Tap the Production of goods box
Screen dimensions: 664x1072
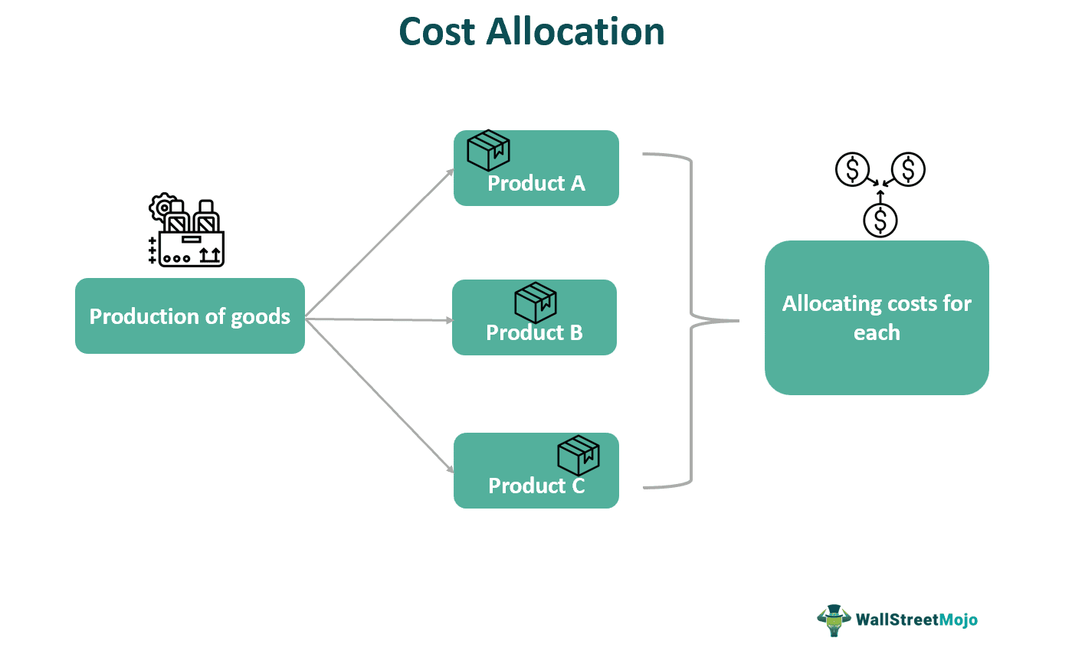click(190, 316)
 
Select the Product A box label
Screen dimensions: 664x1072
click(536, 184)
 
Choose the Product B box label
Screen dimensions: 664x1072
click(534, 333)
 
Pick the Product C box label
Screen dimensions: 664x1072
click(536, 486)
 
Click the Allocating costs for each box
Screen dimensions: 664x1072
click(877, 318)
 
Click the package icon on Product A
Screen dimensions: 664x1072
click(489, 150)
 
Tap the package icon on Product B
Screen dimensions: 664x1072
click(536, 303)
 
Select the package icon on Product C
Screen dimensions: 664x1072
click(579, 456)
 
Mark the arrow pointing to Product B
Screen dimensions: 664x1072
click(379, 320)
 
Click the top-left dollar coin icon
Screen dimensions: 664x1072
click(852, 169)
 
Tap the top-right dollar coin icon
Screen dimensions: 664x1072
click(909, 169)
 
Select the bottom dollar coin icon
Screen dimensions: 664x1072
click(880, 221)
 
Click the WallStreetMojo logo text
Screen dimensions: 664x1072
click(916, 620)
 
